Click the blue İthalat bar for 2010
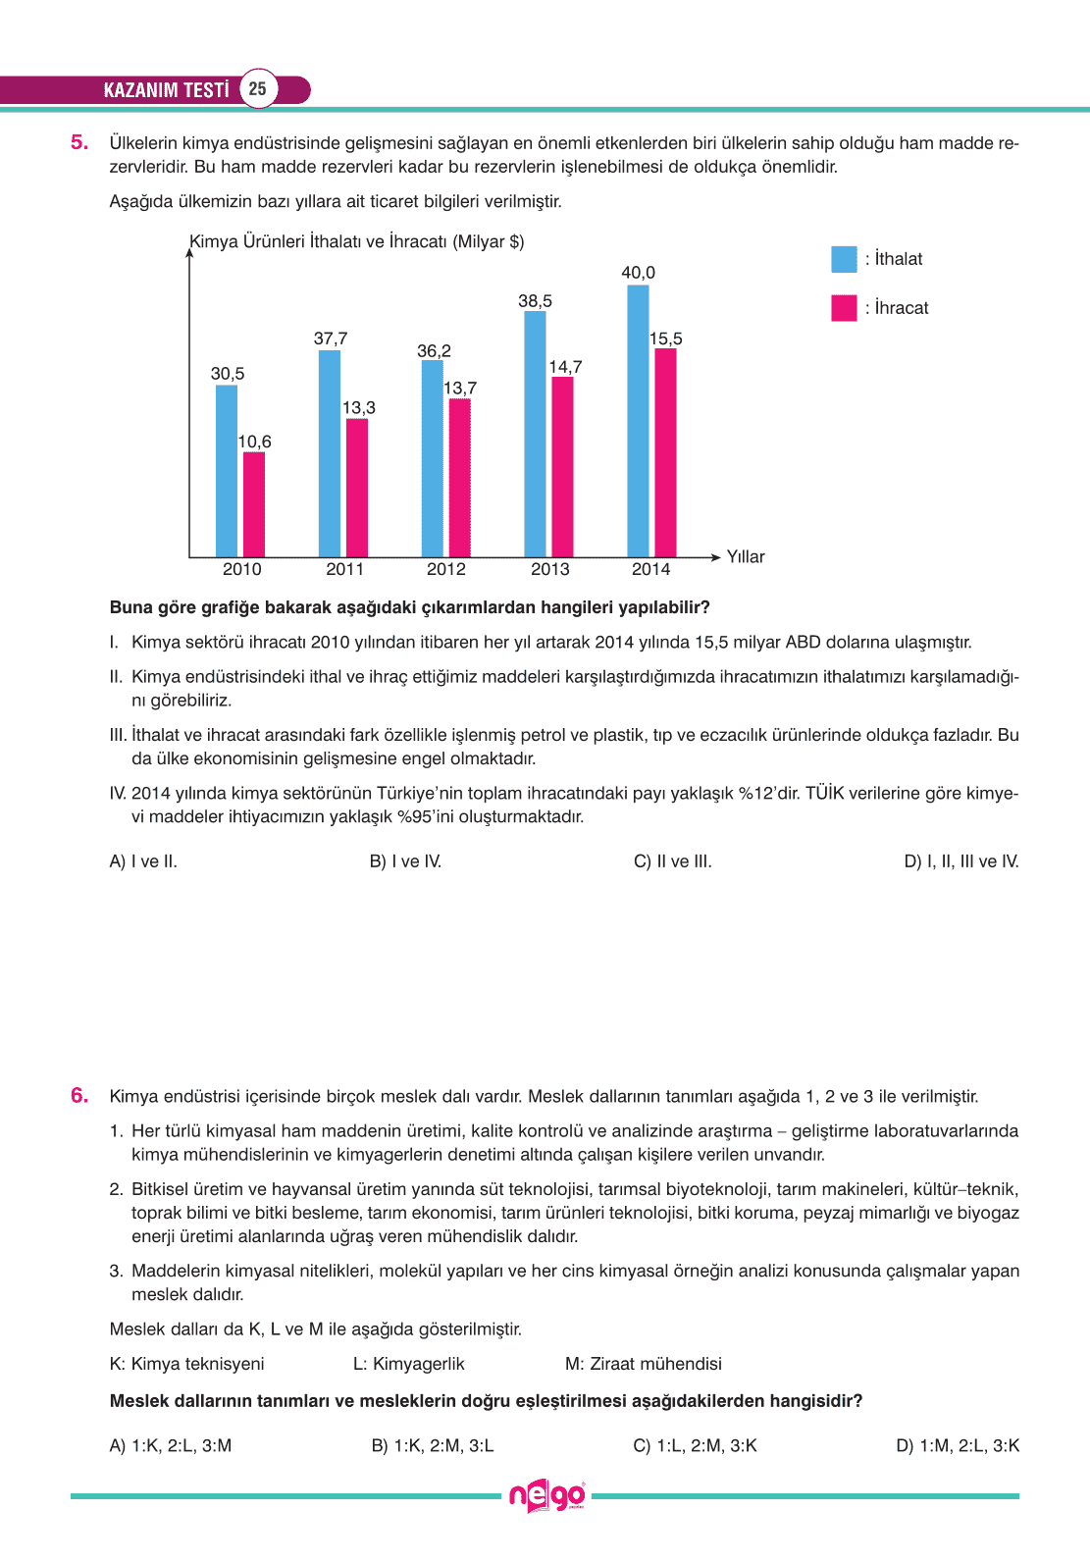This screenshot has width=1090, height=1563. (x=227, y=471)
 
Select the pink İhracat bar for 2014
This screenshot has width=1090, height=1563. (x=665, y=452)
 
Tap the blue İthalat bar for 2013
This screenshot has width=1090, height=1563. (x=535, y=434)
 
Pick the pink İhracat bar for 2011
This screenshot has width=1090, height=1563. (x=357, y=488)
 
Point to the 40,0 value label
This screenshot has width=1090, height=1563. (x=638, y=273)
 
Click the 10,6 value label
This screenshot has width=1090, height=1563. (x=254, y=442)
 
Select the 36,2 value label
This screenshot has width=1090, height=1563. (x=434, y=351)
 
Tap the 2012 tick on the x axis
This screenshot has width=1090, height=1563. (x=446, y=569)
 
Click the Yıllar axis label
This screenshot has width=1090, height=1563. (x=745, y=556)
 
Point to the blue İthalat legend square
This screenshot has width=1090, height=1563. (x=844, y=259)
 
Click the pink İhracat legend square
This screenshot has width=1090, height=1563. (x=844, y=308)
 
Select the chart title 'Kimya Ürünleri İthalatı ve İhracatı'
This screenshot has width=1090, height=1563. (x=356, y=241)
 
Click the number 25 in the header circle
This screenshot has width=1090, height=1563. (x=257, y=89)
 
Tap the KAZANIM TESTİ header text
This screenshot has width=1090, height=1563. (x=166, y=90)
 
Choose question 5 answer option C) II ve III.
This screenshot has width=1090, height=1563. (x=672, y=861)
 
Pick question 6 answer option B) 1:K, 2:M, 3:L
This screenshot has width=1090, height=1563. (x=433, y=1445)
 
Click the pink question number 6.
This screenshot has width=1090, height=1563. (x=79, y=1096)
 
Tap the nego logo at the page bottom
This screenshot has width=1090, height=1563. (x=546, y=1496)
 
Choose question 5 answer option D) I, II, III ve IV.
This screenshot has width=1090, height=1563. (x=960, y=861)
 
